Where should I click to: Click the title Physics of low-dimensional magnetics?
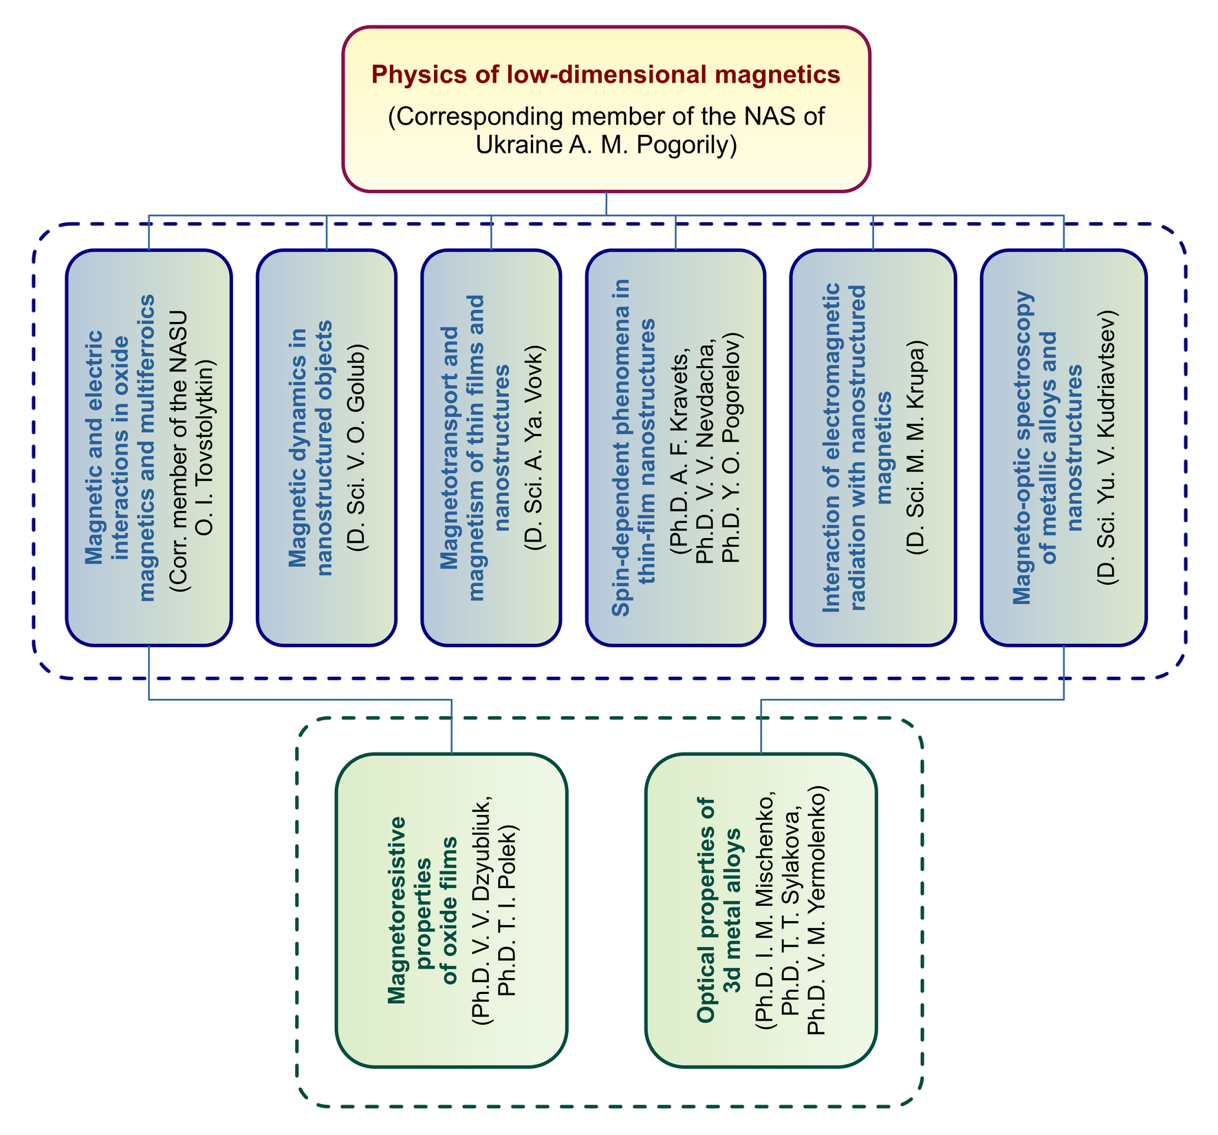[606, 74]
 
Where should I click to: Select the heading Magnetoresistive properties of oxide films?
[423, 911]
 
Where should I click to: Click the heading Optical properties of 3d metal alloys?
[719, 911]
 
